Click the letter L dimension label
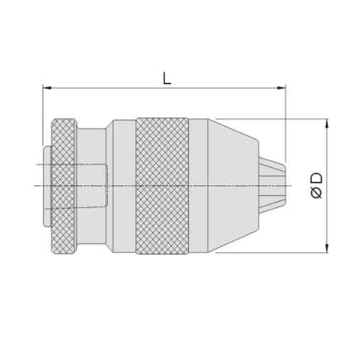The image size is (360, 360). pos(167,78)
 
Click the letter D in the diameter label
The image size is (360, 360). pos(317,178)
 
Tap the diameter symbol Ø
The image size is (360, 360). pos(316,192)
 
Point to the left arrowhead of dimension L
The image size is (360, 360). pos(47,88)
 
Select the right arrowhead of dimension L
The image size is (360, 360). pos(281,88)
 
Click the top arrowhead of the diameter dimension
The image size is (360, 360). pos(327,124)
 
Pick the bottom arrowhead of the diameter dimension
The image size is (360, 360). pos(327,248)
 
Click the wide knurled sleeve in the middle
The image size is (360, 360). pos(163,186)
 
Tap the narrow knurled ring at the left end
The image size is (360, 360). pos(63,186)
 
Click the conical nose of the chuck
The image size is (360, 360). pos(233,186)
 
